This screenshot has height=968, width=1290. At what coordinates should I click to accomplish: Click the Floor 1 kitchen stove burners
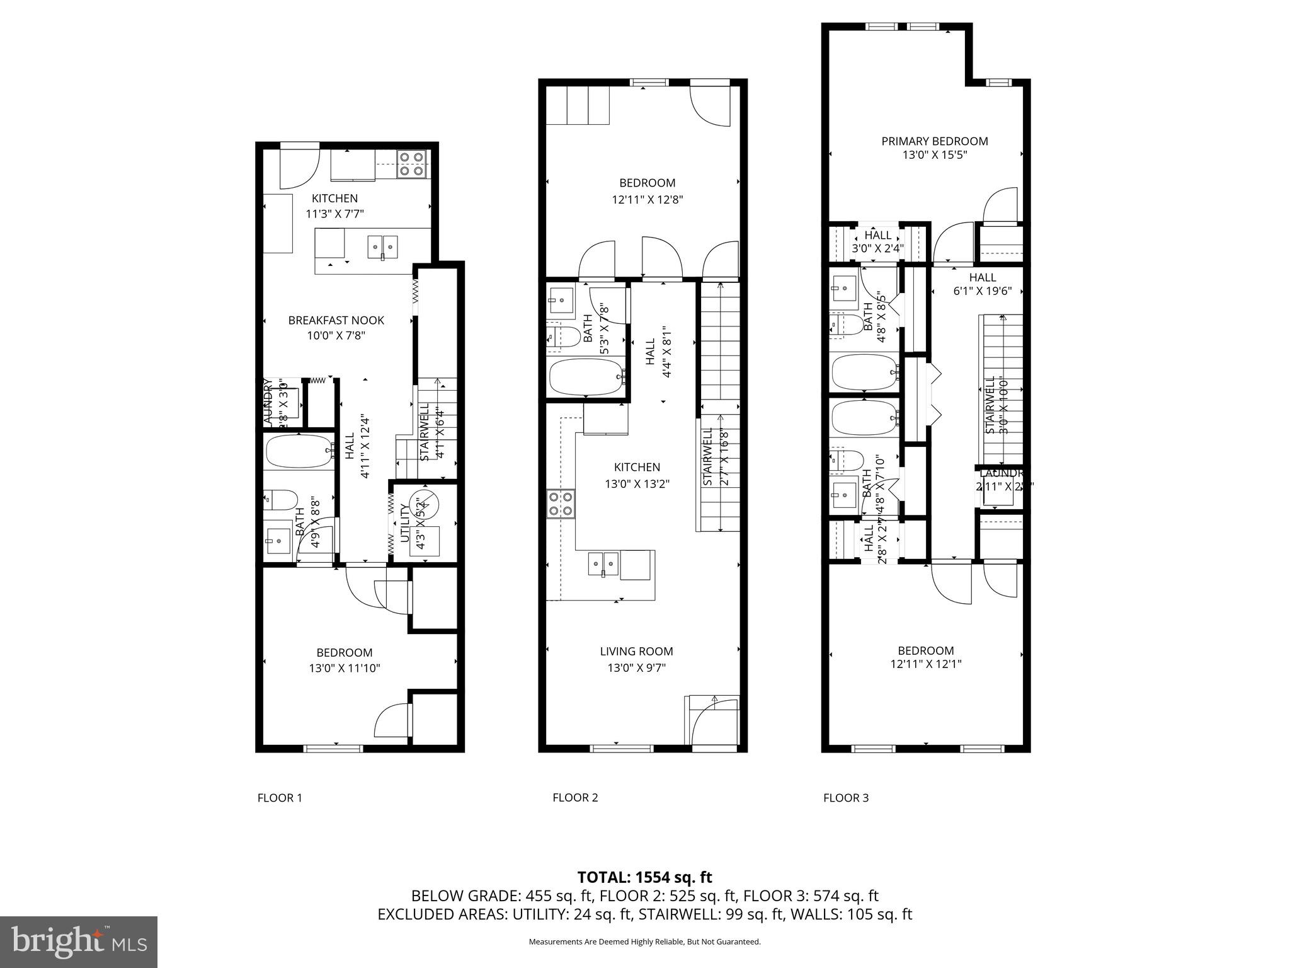[x=412, y=164]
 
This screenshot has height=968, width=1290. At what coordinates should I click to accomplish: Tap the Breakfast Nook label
[x=336, y=320]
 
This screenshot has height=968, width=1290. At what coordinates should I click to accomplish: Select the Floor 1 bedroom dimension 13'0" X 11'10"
[x=345, y=668]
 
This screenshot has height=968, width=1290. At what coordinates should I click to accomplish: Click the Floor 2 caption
[x=575, y=797]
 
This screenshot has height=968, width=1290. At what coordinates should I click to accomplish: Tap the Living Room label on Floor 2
[x=636, y=651]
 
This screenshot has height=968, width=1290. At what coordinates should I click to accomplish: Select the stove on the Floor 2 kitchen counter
[x=561, y=503]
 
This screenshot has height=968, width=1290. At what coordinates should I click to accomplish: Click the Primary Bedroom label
[x=934, y=141]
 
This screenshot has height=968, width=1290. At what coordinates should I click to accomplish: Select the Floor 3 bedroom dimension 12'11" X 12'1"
[x=925, y=664]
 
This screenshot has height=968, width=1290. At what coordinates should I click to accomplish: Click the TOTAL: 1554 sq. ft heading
[x=644, y=877]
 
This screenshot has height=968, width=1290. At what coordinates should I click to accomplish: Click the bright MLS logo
[x=79, y=942]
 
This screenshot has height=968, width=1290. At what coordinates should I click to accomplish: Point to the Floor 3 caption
[x=845, y=797]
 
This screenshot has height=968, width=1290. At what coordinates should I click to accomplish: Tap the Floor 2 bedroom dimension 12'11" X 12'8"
[x=647, y=199]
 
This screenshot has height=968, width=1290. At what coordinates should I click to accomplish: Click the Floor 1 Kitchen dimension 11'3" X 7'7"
[x=334, y=214]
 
